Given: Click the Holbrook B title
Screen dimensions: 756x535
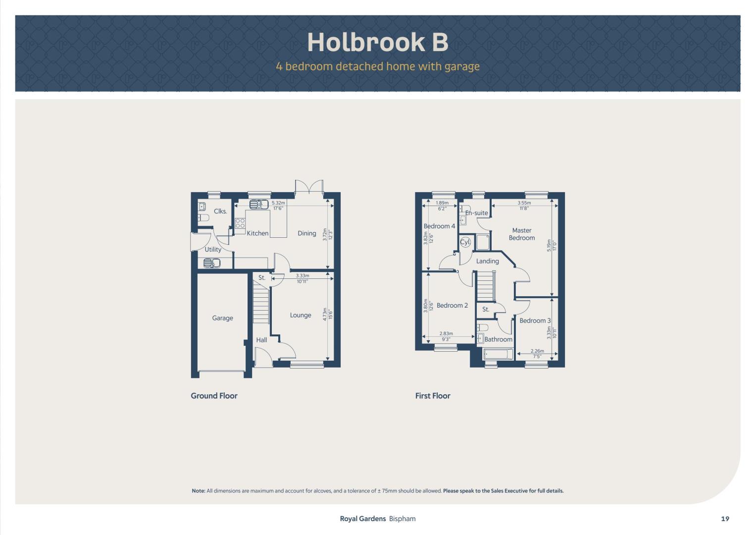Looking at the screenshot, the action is [378, 42].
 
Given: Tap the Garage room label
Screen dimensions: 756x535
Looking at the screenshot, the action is [222, 318].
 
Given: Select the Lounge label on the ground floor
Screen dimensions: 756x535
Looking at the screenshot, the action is [301, 315].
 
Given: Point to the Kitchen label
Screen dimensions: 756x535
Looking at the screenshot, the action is [257, 233].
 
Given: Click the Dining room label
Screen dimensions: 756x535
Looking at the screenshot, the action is [307, 233].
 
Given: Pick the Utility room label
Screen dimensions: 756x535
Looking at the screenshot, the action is [213, 250].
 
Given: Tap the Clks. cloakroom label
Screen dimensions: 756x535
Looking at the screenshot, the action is [220, 211].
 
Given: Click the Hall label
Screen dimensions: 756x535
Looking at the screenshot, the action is [261, 340].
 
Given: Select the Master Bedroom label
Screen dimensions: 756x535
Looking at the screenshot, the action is [522, 234].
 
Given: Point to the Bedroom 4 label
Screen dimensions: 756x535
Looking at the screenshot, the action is [439, 226].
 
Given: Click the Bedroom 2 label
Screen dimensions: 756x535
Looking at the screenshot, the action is [452, 305].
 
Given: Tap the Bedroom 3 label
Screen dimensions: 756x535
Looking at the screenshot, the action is [535, 321].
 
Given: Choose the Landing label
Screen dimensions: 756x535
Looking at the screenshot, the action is [487, 261].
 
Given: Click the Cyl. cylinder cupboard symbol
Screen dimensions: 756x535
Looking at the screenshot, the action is [465, 242].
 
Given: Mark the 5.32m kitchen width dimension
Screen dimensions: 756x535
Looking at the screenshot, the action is [278, 203].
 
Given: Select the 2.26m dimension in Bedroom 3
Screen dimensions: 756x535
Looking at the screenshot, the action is [537, 351].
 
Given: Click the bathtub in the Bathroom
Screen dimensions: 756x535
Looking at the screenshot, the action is [498, 354].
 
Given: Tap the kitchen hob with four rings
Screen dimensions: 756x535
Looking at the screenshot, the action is [240, 223].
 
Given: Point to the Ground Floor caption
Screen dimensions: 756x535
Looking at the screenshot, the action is [214, 396].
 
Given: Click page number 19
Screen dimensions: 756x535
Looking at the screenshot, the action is [725, 519].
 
